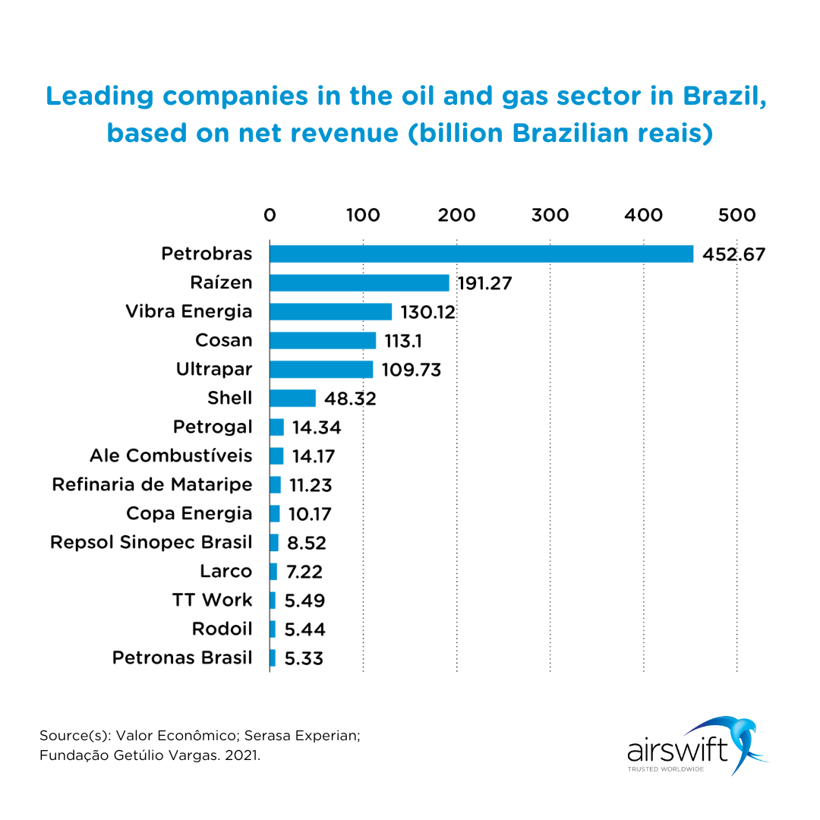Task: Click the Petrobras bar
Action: point(481,254)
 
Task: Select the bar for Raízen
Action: point(359,282)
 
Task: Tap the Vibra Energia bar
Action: point(330,311)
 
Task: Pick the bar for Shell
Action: point(292,398)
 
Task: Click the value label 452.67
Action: point(733,254)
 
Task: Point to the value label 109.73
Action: point(411,370)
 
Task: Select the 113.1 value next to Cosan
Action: point(408,341)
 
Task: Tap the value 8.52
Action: point(307,543)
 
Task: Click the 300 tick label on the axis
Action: point(550,215)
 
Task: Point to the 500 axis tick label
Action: point(736,215)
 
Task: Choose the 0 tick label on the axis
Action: point(270,215)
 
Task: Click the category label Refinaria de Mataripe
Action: point(152,484)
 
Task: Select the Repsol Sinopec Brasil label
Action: point(151,542)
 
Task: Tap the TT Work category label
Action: point(212,600)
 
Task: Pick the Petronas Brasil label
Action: point(182,658)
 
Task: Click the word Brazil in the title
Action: point(721,96)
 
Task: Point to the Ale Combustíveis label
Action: point(171,456)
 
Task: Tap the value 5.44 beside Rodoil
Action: point(304,629)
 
